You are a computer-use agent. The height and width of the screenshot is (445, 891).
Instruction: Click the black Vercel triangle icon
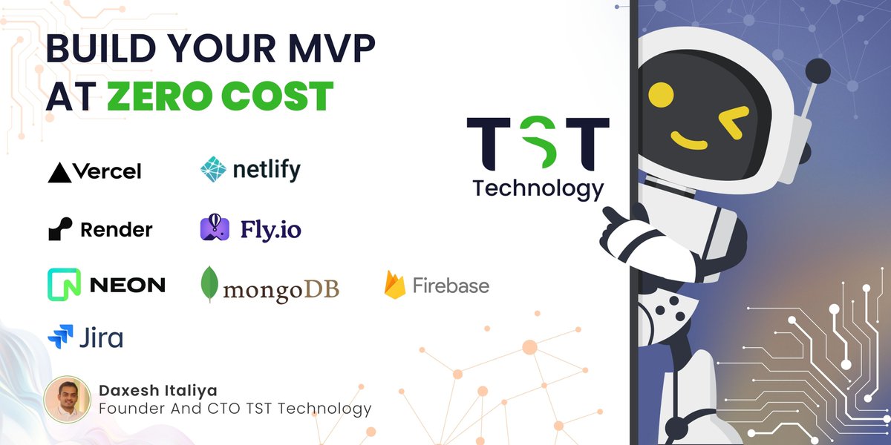tap(59, 173)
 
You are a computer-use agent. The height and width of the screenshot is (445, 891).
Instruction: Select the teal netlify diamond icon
tap(213, 170)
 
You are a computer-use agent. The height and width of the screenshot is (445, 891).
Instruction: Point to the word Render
tap(116, 230)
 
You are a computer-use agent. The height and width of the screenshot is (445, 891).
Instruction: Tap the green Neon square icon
tap(64, 284)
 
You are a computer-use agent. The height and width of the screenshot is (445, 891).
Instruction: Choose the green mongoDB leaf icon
tap(210, 286)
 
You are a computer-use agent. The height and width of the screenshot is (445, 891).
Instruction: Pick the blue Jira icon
tap(60, 337)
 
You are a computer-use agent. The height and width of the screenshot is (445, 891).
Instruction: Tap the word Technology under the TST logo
tap(538, 188)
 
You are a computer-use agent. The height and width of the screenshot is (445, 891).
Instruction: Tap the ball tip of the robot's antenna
tap(817, 72)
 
